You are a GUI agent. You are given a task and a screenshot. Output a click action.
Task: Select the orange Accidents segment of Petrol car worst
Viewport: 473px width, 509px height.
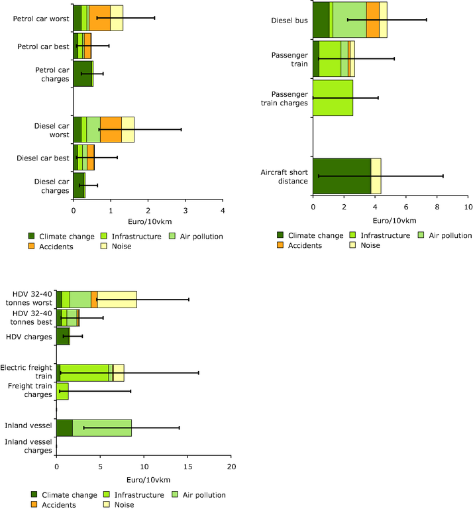(x=99, y=18)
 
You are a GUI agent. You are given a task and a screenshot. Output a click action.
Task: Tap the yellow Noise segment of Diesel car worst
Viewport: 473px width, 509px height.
(x=128, y=130)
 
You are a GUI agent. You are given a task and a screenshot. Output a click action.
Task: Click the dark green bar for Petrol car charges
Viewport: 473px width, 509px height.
(x=83, y=74)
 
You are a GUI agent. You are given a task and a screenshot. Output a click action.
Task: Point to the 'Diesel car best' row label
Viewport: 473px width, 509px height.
(x=44, y=158)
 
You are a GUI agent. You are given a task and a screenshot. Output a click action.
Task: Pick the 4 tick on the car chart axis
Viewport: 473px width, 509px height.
(x=223, y=211)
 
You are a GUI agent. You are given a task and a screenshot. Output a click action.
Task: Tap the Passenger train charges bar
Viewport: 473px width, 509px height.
(x=333, y=98)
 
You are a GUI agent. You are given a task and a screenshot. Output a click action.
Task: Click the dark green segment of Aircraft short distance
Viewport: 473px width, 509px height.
(x=341, y=176)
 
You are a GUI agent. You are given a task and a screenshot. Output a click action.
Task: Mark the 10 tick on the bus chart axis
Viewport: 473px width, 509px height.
(x=468, y=207)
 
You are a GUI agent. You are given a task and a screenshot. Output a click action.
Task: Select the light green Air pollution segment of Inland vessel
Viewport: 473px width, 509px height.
(x=102, y=428)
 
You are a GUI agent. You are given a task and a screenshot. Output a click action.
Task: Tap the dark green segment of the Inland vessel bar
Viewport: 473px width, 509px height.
(x=64, y=428)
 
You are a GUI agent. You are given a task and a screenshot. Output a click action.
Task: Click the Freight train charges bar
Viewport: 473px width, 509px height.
(x=62, y=392)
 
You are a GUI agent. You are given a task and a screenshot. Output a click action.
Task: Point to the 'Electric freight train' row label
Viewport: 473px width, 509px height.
(x=27, y=371)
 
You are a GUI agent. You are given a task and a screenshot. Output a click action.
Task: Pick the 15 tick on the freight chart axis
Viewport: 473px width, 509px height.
(x=187, y=467)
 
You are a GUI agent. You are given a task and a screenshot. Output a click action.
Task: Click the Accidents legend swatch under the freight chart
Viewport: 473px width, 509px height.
(x=35, y=504)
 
